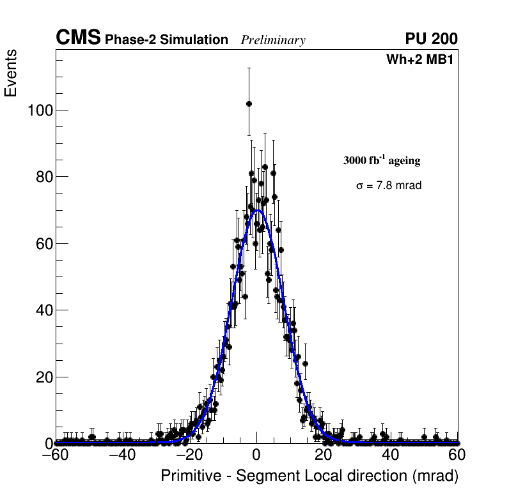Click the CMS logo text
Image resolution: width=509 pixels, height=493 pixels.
78,38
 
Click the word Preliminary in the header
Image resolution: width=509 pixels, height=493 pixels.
273,41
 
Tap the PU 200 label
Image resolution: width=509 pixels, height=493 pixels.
431,39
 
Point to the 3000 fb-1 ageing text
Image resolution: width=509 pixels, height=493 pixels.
382,161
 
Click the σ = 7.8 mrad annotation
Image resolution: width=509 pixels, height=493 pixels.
389,186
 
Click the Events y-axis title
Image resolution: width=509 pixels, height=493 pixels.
11,74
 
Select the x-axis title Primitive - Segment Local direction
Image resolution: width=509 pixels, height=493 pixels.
309,476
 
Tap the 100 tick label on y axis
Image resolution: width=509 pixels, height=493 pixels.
40,110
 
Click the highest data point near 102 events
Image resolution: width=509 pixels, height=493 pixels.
249,103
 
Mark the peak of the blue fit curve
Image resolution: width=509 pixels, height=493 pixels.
257,210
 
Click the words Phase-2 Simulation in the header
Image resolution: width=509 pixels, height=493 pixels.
166,40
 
